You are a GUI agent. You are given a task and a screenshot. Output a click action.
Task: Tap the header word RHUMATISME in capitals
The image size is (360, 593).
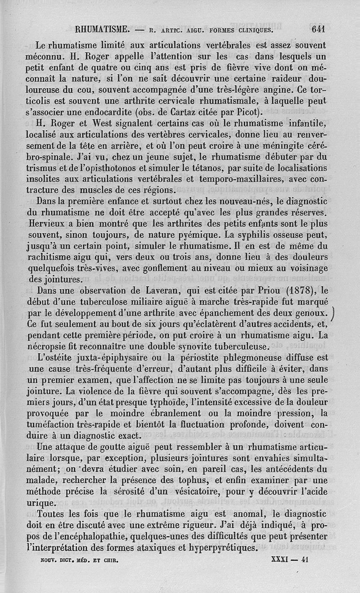[x=103, y=30]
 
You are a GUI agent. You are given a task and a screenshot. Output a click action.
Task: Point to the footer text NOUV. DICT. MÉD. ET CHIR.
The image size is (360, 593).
[x=76, y=562]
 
